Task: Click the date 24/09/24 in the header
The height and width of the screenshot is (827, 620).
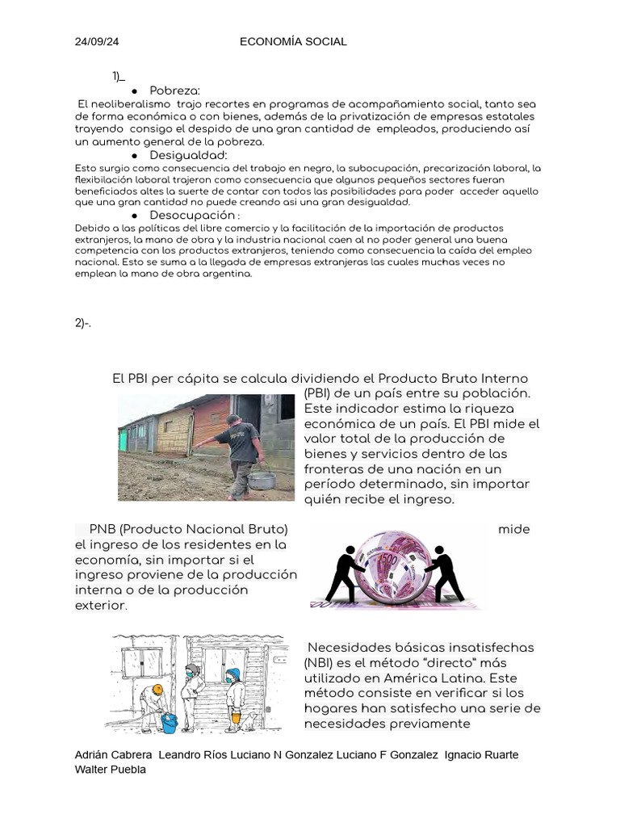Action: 96,41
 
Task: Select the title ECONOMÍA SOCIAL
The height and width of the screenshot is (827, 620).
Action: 293,41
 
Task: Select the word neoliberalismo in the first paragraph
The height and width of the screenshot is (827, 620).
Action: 124,104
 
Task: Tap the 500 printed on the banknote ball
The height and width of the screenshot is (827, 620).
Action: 389,560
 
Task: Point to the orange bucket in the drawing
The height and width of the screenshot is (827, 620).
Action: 235,715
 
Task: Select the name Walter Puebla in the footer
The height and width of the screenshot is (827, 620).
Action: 110,769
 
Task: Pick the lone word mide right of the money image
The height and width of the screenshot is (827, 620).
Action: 514,529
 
